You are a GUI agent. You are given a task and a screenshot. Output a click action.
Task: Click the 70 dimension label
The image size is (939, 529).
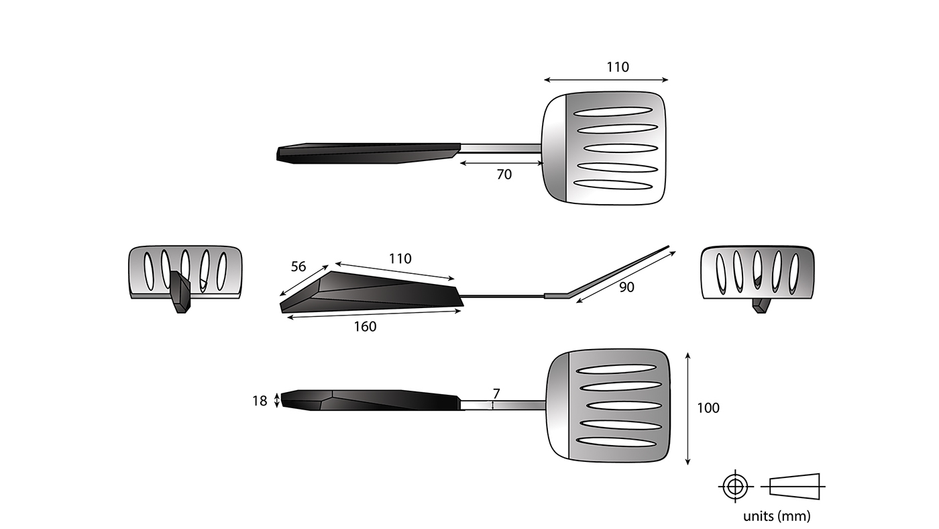tap(504, 175)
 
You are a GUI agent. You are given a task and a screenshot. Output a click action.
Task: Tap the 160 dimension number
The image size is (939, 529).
tap(365, 327)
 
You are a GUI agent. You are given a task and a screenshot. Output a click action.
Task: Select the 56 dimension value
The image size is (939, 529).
tap(298, 267)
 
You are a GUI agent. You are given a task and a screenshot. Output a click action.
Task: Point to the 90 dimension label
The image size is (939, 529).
tap(626, 287)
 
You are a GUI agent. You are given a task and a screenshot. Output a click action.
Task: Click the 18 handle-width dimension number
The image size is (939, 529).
tap(260, 401)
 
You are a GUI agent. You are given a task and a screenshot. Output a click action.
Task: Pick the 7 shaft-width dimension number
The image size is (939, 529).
tap(496, 393)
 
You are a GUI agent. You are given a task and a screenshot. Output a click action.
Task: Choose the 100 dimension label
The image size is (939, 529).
tap(708, 408)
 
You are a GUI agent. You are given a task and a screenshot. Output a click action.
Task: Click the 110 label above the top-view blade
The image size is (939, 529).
tap(618, 67)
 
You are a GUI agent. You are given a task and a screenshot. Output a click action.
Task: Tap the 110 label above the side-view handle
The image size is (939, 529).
tap(400, 258)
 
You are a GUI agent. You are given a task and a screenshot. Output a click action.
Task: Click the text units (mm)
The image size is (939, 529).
tap(776, 516)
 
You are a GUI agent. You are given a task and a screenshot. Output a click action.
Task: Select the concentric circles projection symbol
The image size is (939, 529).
tap(735, 485)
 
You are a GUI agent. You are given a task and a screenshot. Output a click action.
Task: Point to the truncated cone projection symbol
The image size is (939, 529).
tap(795, 485)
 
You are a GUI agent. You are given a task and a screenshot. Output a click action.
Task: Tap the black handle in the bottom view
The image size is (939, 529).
tap(369, 399)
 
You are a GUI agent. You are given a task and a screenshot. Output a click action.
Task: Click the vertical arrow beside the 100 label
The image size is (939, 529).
tap(688, 408)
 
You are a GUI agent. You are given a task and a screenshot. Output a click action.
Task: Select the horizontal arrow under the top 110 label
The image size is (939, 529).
tap(606, 80)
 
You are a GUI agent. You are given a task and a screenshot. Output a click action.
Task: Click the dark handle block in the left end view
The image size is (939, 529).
tap(180, 292)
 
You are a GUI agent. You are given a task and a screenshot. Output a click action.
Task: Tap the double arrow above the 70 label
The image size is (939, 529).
tap(500, 162)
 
